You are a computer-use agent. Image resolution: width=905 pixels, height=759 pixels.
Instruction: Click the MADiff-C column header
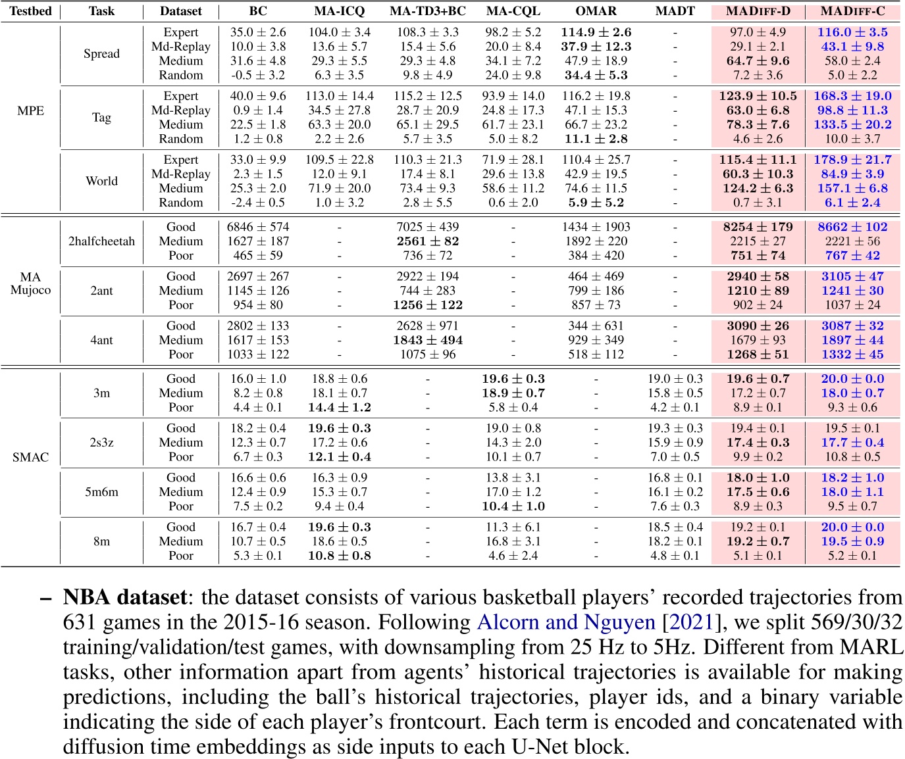click(853, 11)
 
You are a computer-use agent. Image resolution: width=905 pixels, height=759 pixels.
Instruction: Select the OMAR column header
click(596, 11)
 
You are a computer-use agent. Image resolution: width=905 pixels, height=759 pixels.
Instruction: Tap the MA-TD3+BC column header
click(428, 11)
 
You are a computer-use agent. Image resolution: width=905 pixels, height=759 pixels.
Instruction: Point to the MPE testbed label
click(30, 110)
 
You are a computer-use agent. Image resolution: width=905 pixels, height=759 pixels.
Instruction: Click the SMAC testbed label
click(30, 457)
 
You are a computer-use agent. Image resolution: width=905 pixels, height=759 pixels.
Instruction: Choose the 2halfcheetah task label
click(101, 241)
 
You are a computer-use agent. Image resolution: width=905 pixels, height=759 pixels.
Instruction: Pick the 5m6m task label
click(101, 492)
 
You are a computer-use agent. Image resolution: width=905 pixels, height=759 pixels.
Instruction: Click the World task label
click(101, 181)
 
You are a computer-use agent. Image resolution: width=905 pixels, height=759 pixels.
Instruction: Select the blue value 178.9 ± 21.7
click(853, 160)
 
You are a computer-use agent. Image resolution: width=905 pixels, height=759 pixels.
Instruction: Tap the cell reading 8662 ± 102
click(853, 227)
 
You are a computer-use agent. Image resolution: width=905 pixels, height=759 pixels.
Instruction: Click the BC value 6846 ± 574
click(258, 227)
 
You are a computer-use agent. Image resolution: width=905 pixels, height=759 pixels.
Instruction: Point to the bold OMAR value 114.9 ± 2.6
click(596, 32)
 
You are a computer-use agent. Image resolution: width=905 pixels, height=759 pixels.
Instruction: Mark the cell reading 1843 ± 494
click(428, 340)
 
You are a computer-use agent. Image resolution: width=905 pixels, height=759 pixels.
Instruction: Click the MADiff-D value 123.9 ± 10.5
click(758, 96)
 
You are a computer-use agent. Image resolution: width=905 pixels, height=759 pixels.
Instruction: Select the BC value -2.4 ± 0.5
click(258, 203)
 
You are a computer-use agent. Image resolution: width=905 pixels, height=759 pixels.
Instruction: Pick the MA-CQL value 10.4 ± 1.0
click(513, 506)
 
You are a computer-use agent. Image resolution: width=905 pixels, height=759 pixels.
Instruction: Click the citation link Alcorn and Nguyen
click(566, 622)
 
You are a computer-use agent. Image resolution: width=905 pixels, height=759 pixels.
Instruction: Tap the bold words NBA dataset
click(125, 597)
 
